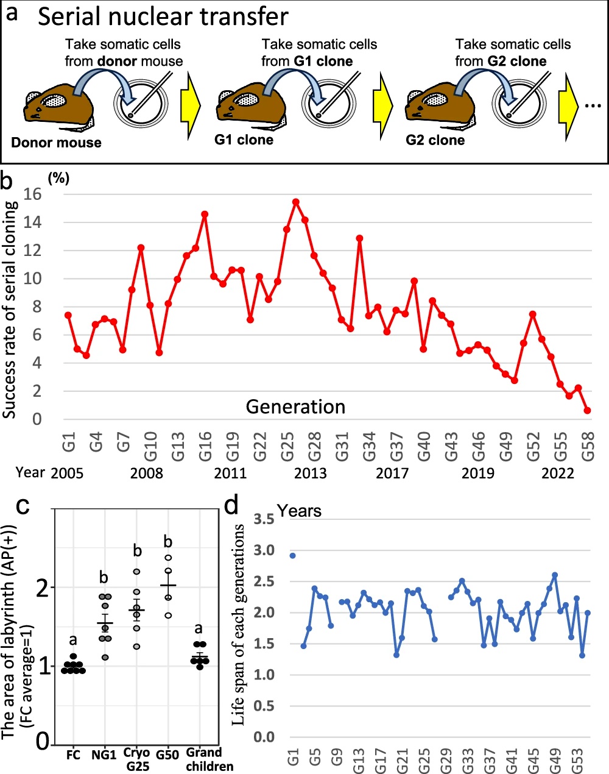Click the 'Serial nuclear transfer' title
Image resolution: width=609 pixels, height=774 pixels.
pos(163,16)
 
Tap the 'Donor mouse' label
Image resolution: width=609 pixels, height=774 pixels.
pos(56,143)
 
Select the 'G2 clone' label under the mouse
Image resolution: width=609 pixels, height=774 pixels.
pos(435,140)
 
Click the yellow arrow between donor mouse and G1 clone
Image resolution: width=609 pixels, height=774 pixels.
pos(191,105)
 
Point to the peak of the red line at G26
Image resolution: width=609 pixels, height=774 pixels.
pos(296,202)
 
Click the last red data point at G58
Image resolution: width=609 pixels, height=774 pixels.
pos(587,411)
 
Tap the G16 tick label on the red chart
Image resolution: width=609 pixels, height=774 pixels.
pos(205,441)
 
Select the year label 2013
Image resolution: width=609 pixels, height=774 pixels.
pos(310,474)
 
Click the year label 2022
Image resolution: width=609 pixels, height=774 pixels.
pos(557,474)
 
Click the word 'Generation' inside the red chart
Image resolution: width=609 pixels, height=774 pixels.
pos(295,407)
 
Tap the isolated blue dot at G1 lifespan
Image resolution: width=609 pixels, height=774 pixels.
pos(293,556)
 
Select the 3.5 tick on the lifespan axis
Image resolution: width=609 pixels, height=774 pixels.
pos(264,519)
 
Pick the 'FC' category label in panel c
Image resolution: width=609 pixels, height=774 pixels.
pos(73,755)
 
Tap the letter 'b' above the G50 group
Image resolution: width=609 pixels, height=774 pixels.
pos(168,542)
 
